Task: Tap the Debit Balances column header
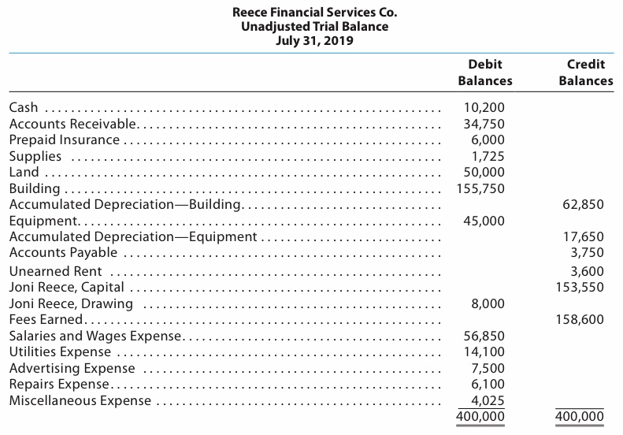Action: click(484, 72)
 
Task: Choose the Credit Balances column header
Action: click(585, 72)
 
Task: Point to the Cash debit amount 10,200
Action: click(486, 107)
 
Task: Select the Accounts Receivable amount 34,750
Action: click(486, 124)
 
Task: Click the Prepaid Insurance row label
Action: click(64, 139)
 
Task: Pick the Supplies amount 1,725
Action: click(489, 156)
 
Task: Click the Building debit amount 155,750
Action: click(482, 188)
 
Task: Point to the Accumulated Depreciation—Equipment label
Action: click(132, 236)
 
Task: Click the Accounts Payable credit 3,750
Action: click(588, 252)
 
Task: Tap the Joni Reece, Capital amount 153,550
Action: click(581, 287)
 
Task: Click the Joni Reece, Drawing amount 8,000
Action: click(489, 303)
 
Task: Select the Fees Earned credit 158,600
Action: click(581, 319)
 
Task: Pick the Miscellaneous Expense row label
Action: click(80, 400)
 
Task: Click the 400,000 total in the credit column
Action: click(581, 417)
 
